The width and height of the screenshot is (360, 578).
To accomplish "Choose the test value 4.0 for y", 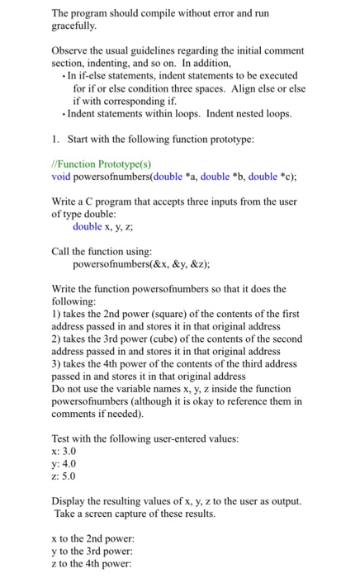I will (72, 463).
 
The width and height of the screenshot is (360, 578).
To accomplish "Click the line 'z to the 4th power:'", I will (97, 562).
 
